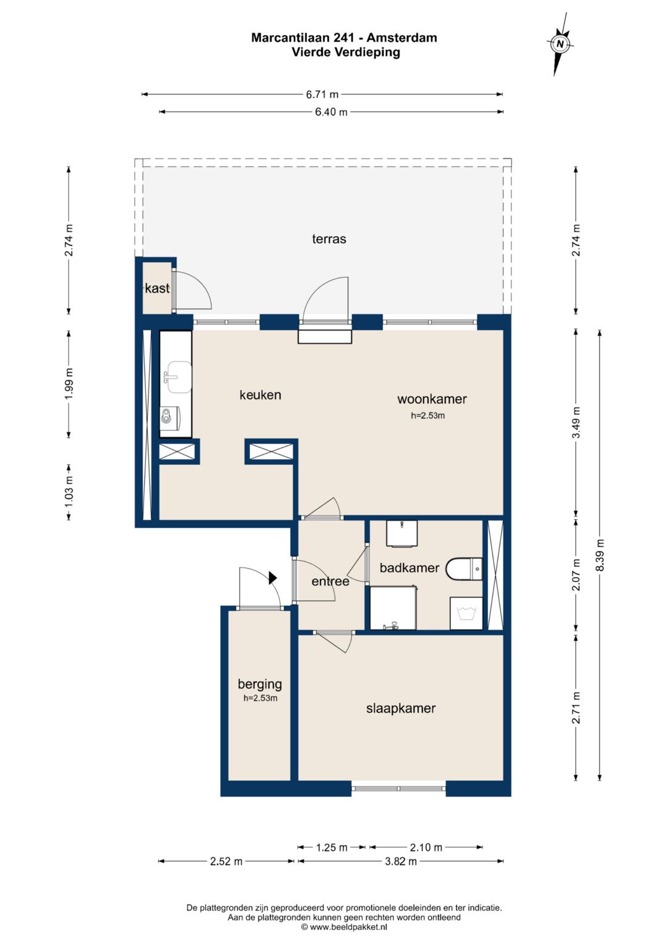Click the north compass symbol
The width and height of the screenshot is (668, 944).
(560, 44)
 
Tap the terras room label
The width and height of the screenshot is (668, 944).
(329, 239)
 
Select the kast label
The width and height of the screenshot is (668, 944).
(157, 288)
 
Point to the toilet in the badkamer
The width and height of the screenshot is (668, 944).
(465, 569)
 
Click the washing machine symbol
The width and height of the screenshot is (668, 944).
(466, 613)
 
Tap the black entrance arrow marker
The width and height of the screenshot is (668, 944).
(273, 577)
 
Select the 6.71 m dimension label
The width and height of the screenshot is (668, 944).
(322, 95)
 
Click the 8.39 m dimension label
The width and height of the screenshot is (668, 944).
(600, 555)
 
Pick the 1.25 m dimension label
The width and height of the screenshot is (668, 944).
(332, 848)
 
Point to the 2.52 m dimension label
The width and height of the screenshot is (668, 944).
(226, 861)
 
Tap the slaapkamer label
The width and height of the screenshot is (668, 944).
(401, 708)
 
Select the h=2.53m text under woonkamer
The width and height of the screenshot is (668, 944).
(427, 415)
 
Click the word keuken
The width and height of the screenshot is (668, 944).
(260, 395)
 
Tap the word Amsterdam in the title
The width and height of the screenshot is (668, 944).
(401, 38)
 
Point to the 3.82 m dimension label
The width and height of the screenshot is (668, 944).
(401, 861)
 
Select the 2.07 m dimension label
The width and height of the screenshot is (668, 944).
(576, 574)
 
